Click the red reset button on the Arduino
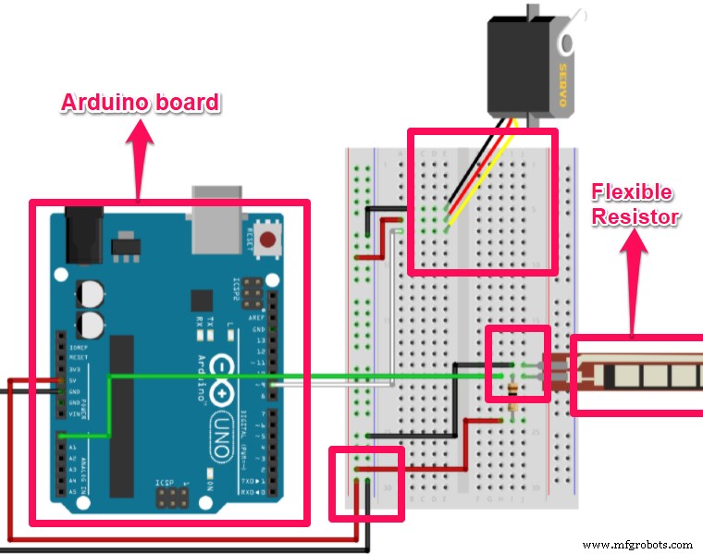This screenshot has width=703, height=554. pos(268,242)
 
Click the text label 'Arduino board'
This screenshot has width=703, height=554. pos(140,103)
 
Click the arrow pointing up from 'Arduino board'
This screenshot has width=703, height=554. pos(140,157)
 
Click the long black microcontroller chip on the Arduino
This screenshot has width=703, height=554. pos(122,416)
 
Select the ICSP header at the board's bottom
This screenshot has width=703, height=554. pos(172,499)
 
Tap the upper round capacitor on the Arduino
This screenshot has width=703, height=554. pos(90,292)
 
